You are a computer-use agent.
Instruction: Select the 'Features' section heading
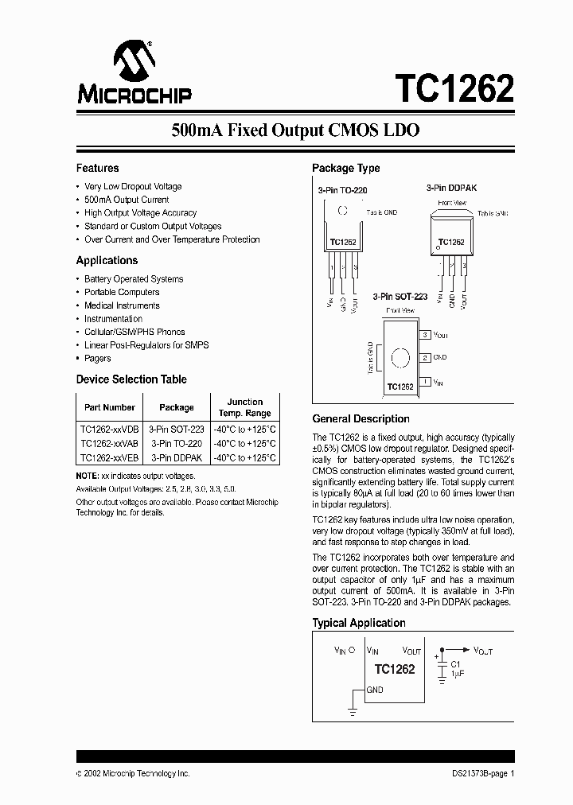tap(97, 168)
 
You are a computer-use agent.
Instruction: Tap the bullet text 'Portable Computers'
tap(122, 292)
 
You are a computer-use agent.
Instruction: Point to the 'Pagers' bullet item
tap(98, 359)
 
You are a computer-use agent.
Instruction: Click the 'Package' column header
tap(177, 407)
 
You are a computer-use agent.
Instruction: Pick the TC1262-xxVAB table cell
tap(110, 443)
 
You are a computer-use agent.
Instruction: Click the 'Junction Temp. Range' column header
tap(245, 407)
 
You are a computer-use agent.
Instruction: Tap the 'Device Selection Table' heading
tap(131, 379)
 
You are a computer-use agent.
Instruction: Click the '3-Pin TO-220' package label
tap(342, 191)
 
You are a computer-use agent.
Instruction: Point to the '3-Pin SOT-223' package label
tap(400, 296)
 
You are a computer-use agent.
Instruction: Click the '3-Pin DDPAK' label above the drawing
tap(450, 188)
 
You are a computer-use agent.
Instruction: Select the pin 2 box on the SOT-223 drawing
tap(426, 358)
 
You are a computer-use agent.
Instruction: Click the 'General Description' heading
tap(361, 419)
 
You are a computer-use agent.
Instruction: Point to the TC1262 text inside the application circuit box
tap(395, 669)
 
